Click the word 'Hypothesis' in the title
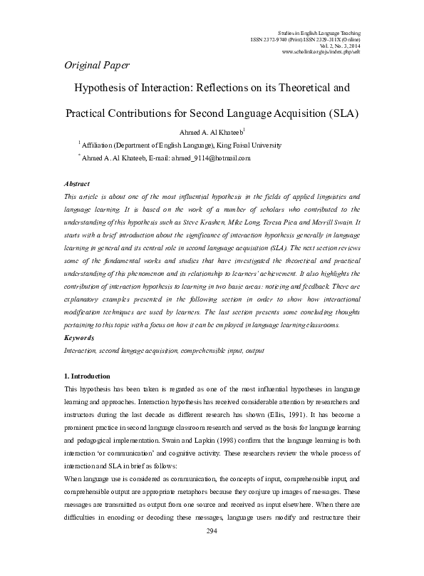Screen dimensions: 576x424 (107, 90)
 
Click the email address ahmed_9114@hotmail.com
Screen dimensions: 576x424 (213, 158)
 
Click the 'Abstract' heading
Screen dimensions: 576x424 (76, 183)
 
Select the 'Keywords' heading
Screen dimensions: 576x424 (79, 337)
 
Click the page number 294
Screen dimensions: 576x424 (211, 552)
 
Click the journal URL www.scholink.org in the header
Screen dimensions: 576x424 (321, 53)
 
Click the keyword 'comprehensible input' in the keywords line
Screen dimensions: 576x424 (203, 351)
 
